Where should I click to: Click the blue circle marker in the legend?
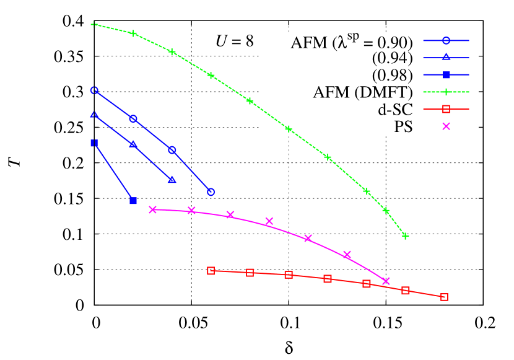pyautogui.click(x=446, y=41)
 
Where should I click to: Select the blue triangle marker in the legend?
pyautogui.click(x=446, y=58)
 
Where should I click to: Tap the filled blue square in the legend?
pyautogui.click(x=446, y=75)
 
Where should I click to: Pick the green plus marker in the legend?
pyautogui.click(x=446, y=92)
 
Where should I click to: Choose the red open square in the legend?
pyautogui.click(x=446, y=109)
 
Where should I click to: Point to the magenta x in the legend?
pyautogui.click(x=446, y=126)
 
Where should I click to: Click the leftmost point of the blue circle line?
pyautogui.click(x=94, y=90)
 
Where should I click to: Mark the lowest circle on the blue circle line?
pyautogui.click(x=211, y=192)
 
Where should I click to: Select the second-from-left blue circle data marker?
pyautogui.click(x=133, y=118)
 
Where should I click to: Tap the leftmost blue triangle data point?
pyautogui.click(x=94, y=115)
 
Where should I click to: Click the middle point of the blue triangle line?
pyautogui.click(x=133, y=144)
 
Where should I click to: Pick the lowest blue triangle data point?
pyautogui.click(x=172, y=180)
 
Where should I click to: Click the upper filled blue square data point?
pyautogui.click(x=94, y=143)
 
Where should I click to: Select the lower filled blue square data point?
pyautogui.click(x=133, y=201)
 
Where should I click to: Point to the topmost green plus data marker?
pyautogui.click(x=94, y=24)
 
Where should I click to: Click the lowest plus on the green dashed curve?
pyautogui.click(x=406, y=235)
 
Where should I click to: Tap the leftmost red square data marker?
pyautogui.click(x=211, y=271)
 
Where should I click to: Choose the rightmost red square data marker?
pyautogui.click(x=444, y=297)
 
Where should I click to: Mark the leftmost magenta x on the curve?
pyautogui.click(x=153, y=209)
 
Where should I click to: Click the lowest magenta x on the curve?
pyautogui.click(x=386, y=281)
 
